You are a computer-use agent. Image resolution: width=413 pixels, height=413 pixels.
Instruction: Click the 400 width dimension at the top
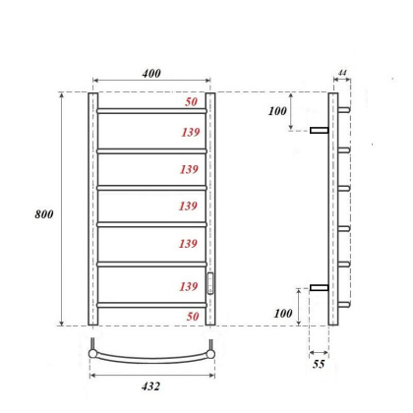(151, 74)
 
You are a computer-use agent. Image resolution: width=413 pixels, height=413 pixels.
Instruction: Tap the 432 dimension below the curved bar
(151, 386)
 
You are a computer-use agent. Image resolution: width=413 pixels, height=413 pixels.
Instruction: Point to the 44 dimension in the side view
(342, 74)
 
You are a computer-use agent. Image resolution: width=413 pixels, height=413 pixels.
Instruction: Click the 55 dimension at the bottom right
(319, 365)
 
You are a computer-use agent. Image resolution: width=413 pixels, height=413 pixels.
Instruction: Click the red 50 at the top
(191, 101)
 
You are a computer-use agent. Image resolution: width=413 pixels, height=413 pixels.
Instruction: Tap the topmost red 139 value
(192, 131)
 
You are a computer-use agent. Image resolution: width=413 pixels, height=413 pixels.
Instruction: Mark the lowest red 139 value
(192, 285)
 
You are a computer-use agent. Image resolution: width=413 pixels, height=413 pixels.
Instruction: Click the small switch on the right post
(209, 284)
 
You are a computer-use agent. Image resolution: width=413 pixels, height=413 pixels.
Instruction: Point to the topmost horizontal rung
(151, 109)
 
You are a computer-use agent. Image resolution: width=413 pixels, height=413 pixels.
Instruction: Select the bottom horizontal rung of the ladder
(151, 304)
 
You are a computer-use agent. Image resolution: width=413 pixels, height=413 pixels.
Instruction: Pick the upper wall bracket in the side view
(319, 130)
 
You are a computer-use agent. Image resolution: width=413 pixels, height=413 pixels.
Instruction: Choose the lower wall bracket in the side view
(319, 287)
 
